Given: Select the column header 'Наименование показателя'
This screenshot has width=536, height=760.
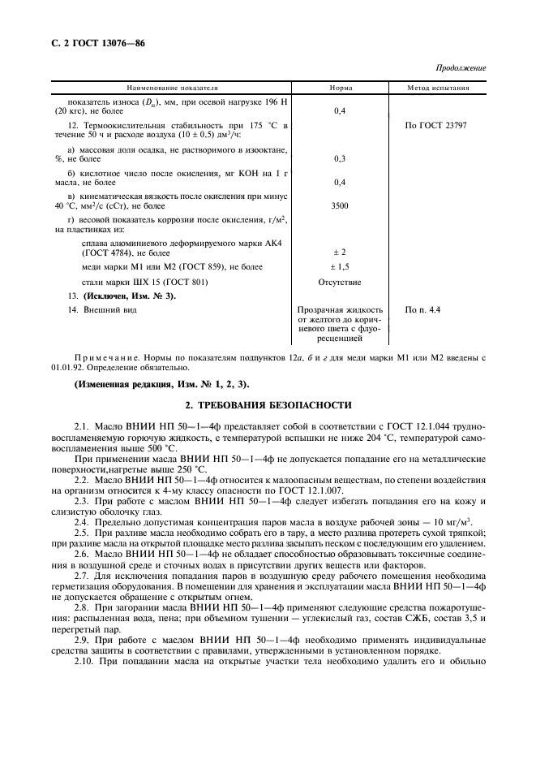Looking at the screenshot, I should [x=172, y=87].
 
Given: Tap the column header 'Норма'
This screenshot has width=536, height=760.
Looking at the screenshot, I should [x=341, y=87].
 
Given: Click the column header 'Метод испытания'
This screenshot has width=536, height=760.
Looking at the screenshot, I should [x=439, y=87].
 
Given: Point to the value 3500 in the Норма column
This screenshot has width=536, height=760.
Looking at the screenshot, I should [x=341, y=207].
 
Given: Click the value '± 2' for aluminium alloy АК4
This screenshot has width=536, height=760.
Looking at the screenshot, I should [x=341, y=253].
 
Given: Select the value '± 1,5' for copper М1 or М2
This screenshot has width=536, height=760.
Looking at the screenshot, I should [x=341, y=266].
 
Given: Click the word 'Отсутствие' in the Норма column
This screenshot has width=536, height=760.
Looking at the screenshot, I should [x=341, y=282].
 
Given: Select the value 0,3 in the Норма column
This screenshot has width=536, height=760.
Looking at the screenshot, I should [x=341, y=159].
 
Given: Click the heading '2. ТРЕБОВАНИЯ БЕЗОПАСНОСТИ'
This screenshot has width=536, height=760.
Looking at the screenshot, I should [x=268, y=404].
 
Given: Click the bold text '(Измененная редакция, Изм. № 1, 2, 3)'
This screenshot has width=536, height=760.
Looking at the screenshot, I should [x=162, y=382].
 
